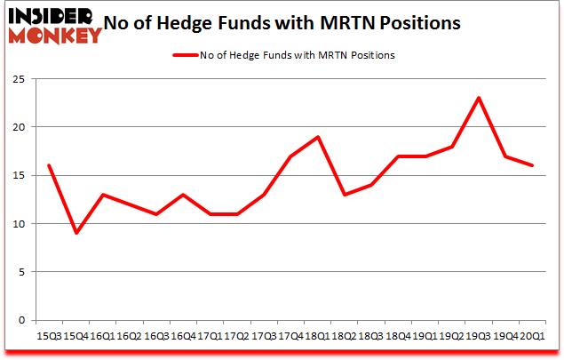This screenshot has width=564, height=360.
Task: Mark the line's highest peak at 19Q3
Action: click(479, 98)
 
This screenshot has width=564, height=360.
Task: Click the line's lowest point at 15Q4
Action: click(75, 233)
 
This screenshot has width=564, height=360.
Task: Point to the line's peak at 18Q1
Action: click(318, 136)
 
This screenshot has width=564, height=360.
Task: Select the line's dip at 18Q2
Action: click(345, 194)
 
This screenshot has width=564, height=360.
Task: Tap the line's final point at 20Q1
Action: click(533, 165)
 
